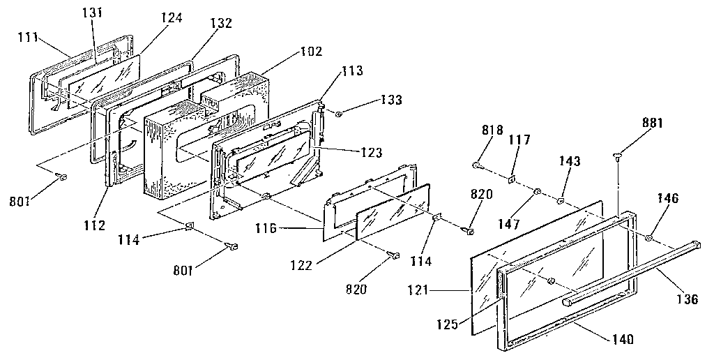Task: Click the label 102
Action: [x=310, y=51]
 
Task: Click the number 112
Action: [x=93, y=225]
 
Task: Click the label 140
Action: [x=619, y=340]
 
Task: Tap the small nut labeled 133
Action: [x=337, y=112]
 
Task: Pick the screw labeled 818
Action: [x=477, y=165]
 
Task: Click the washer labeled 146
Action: [x=649, y=239]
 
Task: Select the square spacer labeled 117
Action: [x=511, y=179]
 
